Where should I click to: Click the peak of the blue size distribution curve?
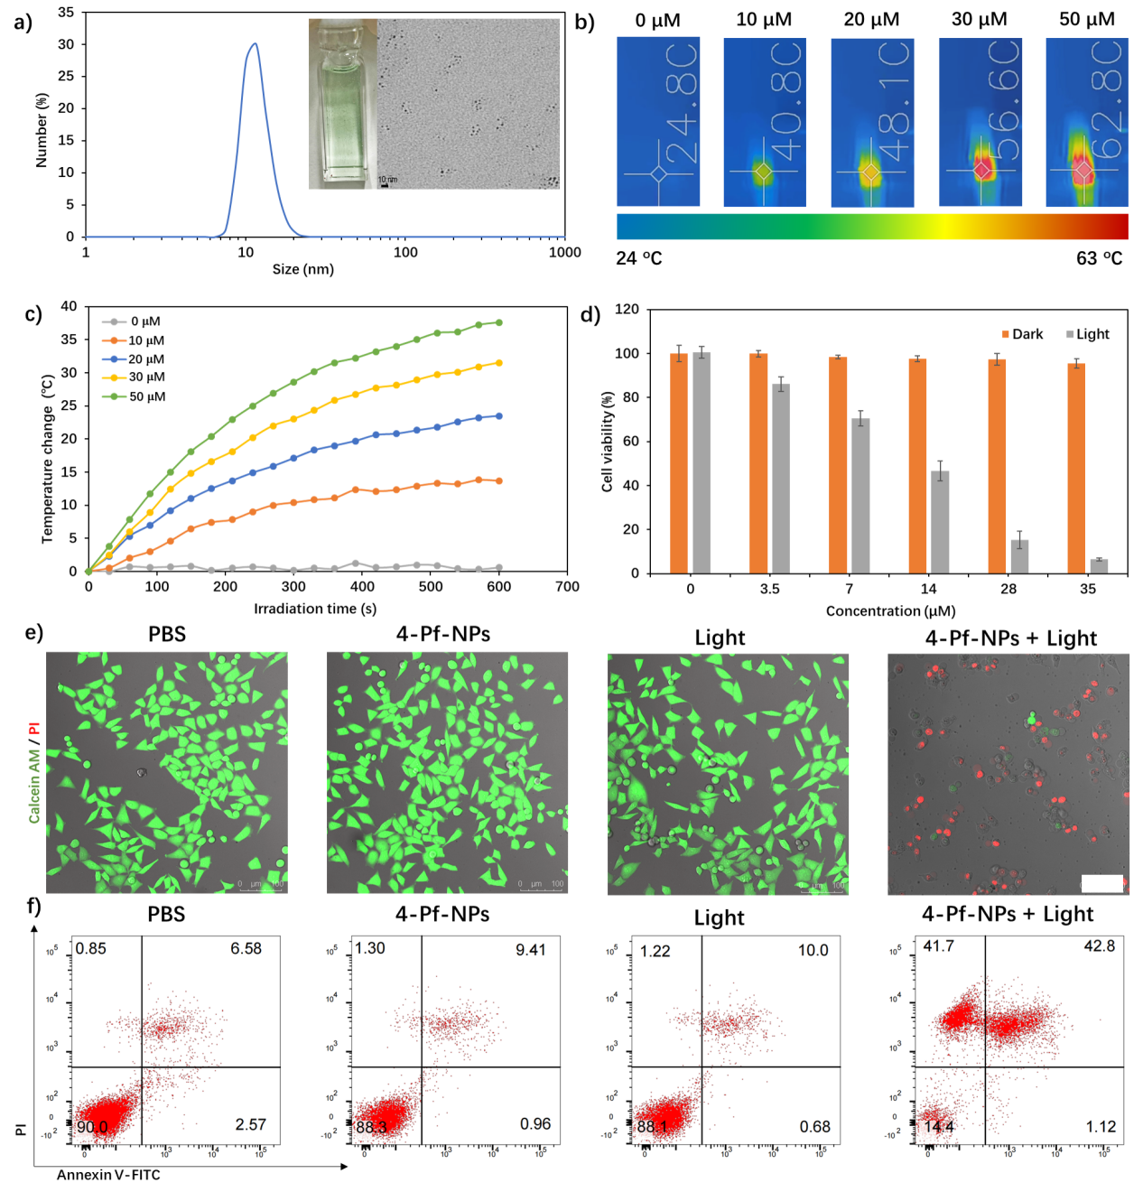click(x=255, y=44)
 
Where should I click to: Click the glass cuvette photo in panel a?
click(x=342, y=104)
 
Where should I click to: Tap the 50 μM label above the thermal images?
click(x=1086, y=19)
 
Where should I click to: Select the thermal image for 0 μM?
click(x=658, y=121)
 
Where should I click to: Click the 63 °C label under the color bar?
click(x=1099, y=258)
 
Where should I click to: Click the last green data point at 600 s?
click(x=498, y=322)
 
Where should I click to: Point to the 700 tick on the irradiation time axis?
click(x=567, y=587)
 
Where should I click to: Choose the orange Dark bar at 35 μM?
click(x=1076, y=468)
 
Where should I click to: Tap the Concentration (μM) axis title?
click(x=890, y=611)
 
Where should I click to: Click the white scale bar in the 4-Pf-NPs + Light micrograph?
click(x=1101, y=883)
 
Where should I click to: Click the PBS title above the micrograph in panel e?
click(x=167, y=634)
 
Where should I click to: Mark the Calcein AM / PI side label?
click(x=34, y=772)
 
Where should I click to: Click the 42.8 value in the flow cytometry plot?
click(x=1099, y=946)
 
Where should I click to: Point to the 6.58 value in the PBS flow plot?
click(x=246, y=948)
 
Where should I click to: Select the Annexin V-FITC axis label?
click(x=108, y=1175)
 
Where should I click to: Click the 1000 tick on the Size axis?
click(x=565, y=253)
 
